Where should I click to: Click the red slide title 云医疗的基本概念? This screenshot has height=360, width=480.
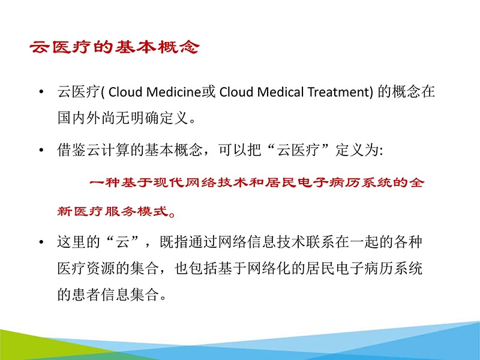[x=114, y=49]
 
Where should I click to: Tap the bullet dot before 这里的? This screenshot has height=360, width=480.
[x=41, y=243]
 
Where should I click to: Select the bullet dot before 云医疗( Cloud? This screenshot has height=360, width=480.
[x=41, y=94]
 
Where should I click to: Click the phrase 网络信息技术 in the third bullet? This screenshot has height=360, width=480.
[x=258, y=243]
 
